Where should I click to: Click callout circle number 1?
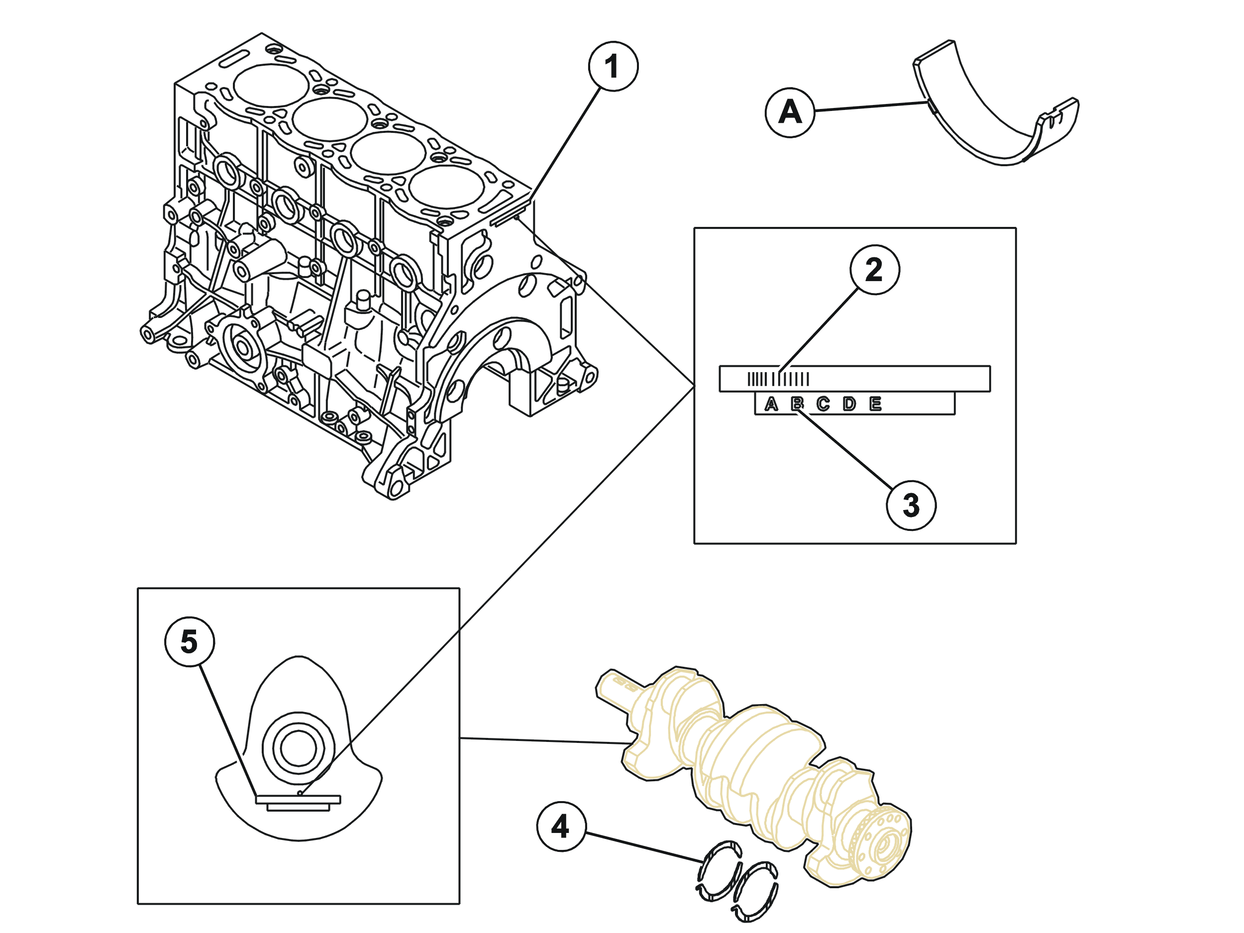(x=613, y=66)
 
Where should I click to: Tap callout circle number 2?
(x=874, y=269)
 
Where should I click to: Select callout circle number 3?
(x=911, y=505)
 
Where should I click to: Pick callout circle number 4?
(x=561, y=826)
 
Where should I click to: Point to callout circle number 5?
(x=190, y=642)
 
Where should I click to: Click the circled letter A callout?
(x=790, y=112)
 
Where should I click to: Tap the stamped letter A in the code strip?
(x=771, y=404)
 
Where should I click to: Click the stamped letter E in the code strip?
(x=875, y=404)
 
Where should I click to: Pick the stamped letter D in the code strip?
(x=849, y=404)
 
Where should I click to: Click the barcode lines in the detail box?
(x=778, y=379)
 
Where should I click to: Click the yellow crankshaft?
(x=753, y=776)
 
